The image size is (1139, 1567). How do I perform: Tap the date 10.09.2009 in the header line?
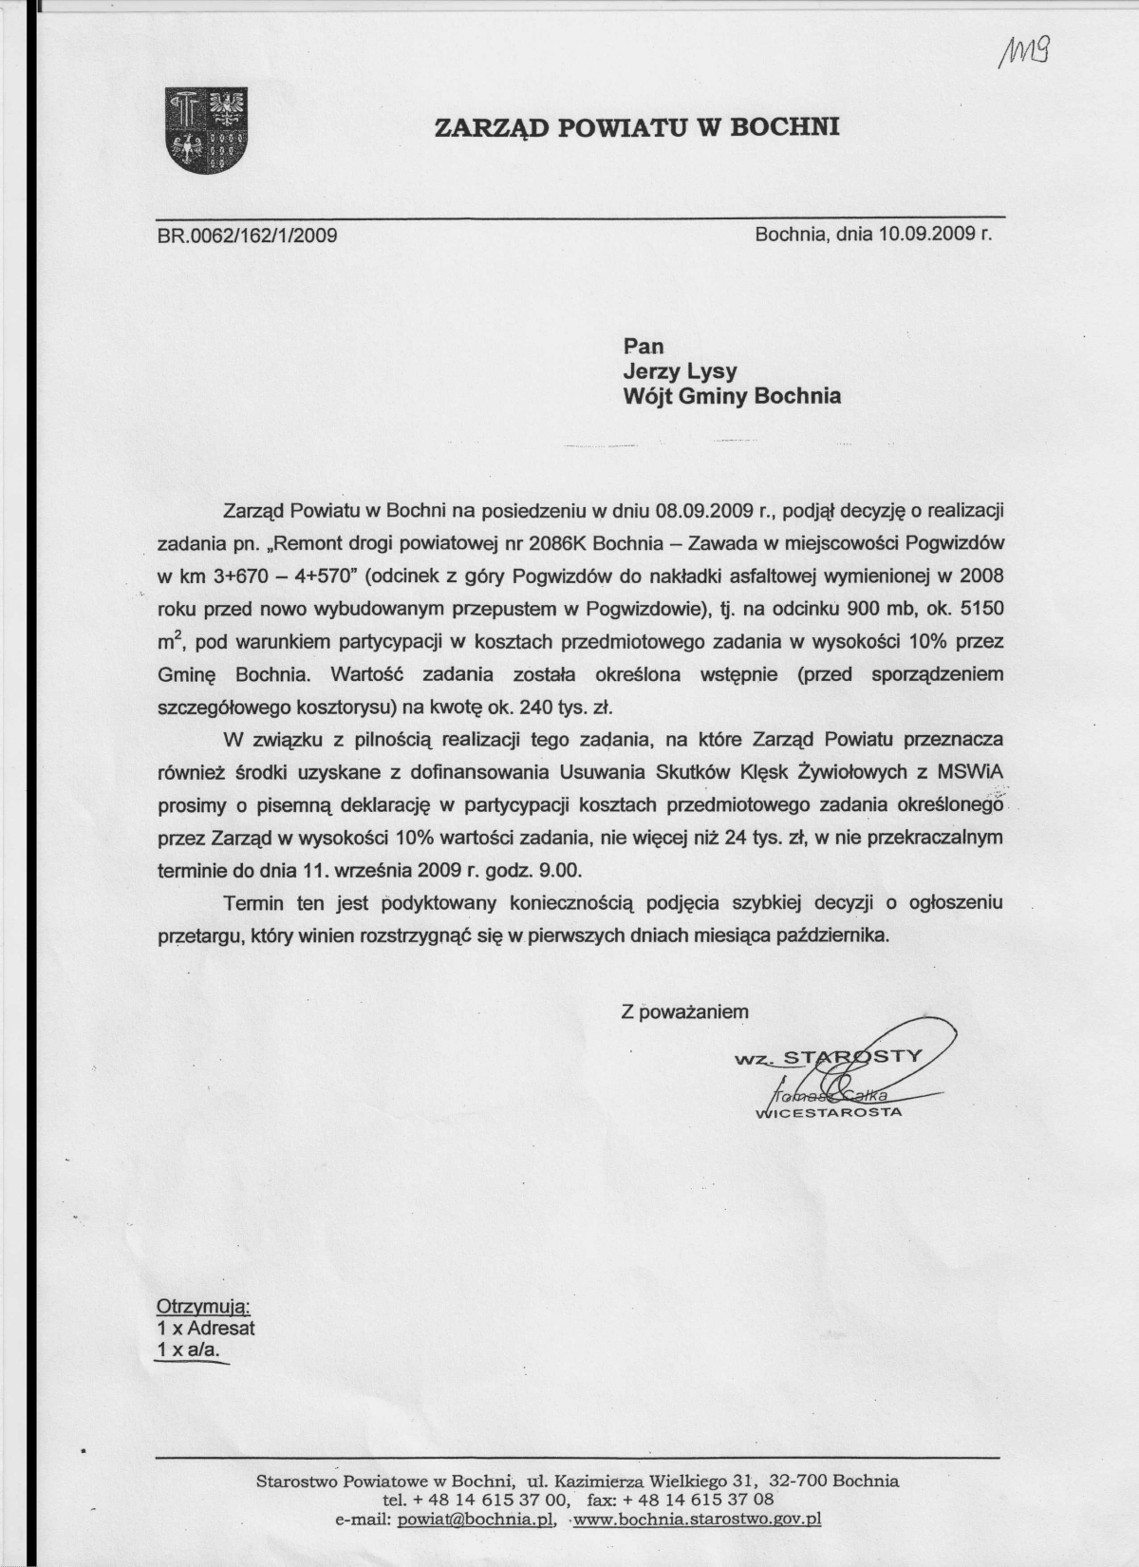point(926,233)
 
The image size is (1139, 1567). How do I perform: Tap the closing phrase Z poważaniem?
point(684,1011)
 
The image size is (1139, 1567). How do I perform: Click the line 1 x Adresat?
point(205,1328)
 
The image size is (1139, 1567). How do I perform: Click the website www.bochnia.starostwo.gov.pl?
point(698,1520)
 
